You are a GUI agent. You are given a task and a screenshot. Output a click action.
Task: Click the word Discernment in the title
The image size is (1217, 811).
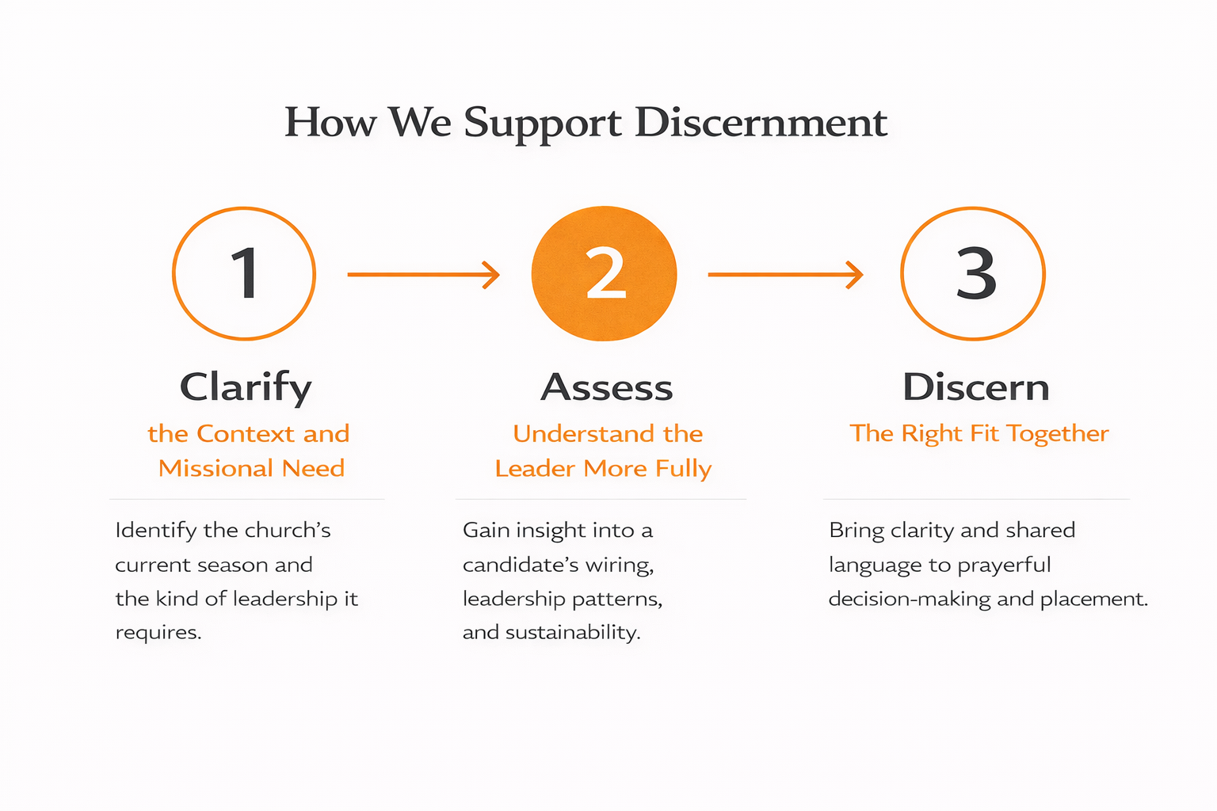pos(761,123)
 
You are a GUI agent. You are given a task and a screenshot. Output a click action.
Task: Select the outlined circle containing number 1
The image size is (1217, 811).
pos(244,274)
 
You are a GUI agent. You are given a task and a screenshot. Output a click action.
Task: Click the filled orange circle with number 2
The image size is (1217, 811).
pos(605,274)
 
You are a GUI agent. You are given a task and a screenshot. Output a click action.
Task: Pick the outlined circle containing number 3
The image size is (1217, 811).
pos(974,274)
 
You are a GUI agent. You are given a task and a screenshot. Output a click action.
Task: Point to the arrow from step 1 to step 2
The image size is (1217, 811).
pos(424,274)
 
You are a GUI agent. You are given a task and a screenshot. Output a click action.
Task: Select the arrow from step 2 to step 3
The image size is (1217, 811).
pos(785,274)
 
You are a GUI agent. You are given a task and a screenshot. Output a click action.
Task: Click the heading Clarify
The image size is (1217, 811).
pos(246,388)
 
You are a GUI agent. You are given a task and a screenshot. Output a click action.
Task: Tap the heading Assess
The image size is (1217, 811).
pos(607,388)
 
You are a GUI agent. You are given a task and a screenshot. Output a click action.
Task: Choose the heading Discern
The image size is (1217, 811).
pos(976,388)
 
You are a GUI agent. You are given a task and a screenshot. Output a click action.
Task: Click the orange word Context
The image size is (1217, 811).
pos(246,434)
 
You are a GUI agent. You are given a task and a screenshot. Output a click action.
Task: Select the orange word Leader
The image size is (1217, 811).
pos(536,468)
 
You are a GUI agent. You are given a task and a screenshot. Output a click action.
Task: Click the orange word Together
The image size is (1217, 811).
pos(1058,434)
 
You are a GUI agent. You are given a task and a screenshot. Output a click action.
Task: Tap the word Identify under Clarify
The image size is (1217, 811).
pos(156,530)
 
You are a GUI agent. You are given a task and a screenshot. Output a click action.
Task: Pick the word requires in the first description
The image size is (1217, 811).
pos(158,633)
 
